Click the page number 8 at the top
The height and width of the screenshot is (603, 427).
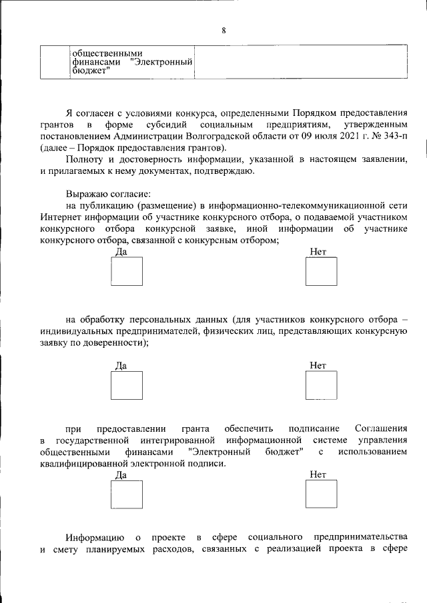[x=224, y=30]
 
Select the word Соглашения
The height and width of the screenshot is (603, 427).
[x=380, y=428]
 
